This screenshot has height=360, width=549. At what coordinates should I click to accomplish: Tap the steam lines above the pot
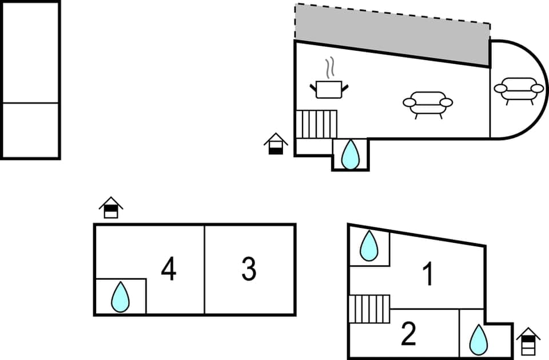click(329, 68)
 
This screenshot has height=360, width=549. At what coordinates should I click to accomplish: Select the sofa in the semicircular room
click(519, 90)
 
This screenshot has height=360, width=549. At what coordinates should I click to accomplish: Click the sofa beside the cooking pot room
click(427, 105)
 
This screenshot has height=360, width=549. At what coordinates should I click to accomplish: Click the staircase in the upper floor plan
click(316, 124)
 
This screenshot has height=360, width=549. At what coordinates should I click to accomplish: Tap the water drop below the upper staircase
click(350, 154)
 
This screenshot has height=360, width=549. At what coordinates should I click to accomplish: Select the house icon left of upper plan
click(276, 143)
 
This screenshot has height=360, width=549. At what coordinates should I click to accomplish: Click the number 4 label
click(168, 269)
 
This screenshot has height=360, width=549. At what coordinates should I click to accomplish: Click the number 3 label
click(248, 269)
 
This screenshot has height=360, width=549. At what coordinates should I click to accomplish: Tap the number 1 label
click(427, 275)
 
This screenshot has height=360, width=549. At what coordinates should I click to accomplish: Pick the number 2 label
click(408, 334)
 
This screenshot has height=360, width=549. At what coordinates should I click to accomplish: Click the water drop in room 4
click(120, 297)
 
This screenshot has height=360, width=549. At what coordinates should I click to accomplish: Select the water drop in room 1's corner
click(369, 246)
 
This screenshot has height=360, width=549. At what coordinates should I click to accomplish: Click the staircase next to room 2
click(369, 309)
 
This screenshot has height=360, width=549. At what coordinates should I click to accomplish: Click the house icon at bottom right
click(528, 342)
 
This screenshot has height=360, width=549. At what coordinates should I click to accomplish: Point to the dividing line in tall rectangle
click(30, 103)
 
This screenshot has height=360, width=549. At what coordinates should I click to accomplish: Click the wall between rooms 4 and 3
click(204, 269)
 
